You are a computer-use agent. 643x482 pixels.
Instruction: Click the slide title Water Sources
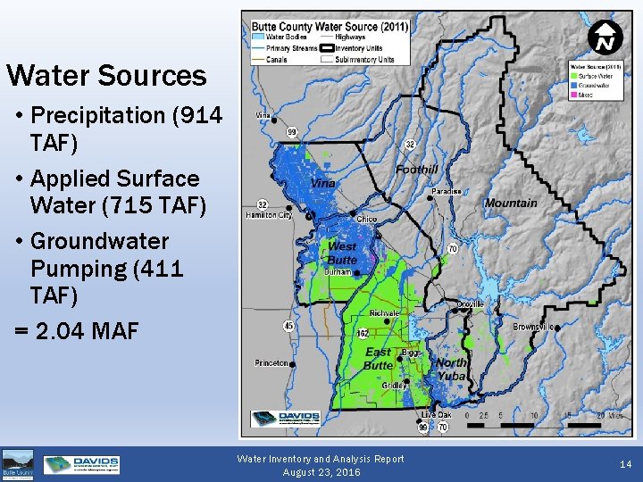click(106, 76)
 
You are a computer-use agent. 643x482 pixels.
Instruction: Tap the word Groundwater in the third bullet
click(99, 242)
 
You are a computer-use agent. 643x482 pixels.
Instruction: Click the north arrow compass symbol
click(605, 39)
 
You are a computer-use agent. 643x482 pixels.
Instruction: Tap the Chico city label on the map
click(366, 219)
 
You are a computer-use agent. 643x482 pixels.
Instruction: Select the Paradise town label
click(446, 192)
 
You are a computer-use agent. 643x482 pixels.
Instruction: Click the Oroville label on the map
click(470, 304)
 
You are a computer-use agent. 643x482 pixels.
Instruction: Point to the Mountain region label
click(511, 204)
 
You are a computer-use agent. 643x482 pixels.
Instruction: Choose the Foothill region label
click(416, 170)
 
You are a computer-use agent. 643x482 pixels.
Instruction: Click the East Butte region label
click(379, 359)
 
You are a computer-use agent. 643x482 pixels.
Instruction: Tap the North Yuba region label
click(451, 370)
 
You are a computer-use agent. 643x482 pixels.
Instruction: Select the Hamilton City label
click(269, 215)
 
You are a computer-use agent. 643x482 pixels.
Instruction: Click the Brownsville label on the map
click(532, 327)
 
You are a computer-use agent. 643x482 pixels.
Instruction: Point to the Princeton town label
click(271, 363)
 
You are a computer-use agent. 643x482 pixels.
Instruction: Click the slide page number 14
click(624, 464)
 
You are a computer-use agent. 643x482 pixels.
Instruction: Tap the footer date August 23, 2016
click(321, 472)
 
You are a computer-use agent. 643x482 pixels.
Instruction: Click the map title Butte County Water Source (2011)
click(330, 27)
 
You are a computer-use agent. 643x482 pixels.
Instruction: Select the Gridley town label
click(395, 386)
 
